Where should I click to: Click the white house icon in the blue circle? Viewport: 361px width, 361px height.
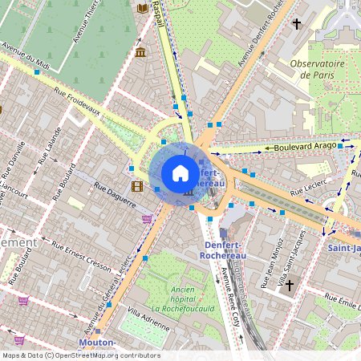[180, 173]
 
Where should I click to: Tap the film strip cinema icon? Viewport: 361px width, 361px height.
[136, 187]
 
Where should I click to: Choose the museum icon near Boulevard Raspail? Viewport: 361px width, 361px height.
[141, 53]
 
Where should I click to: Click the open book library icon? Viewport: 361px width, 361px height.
[143, 8]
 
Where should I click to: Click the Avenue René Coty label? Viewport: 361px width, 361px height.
[231, 297]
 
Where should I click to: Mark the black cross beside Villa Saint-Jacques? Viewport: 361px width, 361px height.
[291, 284]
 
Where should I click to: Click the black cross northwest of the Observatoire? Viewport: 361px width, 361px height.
[296, 25]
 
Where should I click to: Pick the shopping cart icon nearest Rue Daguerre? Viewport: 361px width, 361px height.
[146, 218]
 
